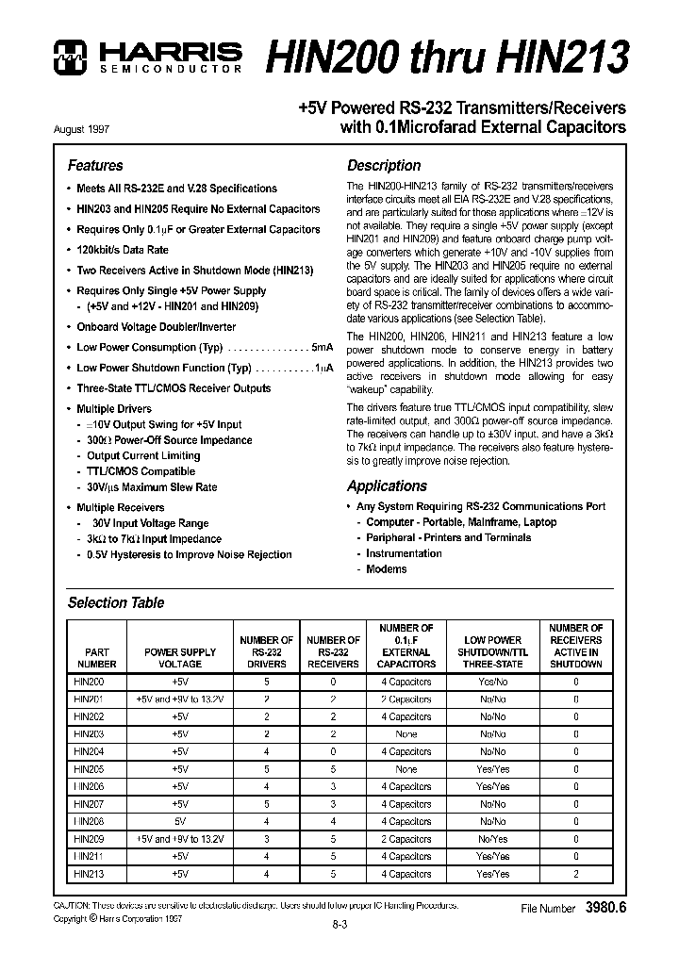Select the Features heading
coord(95,166)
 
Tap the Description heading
coord(384,166)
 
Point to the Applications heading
coord(387,486)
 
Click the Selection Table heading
coord(116,603)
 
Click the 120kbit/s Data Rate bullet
coord(123,250)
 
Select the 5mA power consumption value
coord(323,348)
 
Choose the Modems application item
coord(387,569)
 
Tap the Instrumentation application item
coord(404,553)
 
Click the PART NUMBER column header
coord(97,657)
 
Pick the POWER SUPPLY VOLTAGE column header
coord(180,657)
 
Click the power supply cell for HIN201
coord(180,699)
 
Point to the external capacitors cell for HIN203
coord(406,733)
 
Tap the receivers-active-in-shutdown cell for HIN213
coord(576,874)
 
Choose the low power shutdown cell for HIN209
coord(492,839)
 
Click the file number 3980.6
coord(605,909)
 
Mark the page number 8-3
coord(339,925)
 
